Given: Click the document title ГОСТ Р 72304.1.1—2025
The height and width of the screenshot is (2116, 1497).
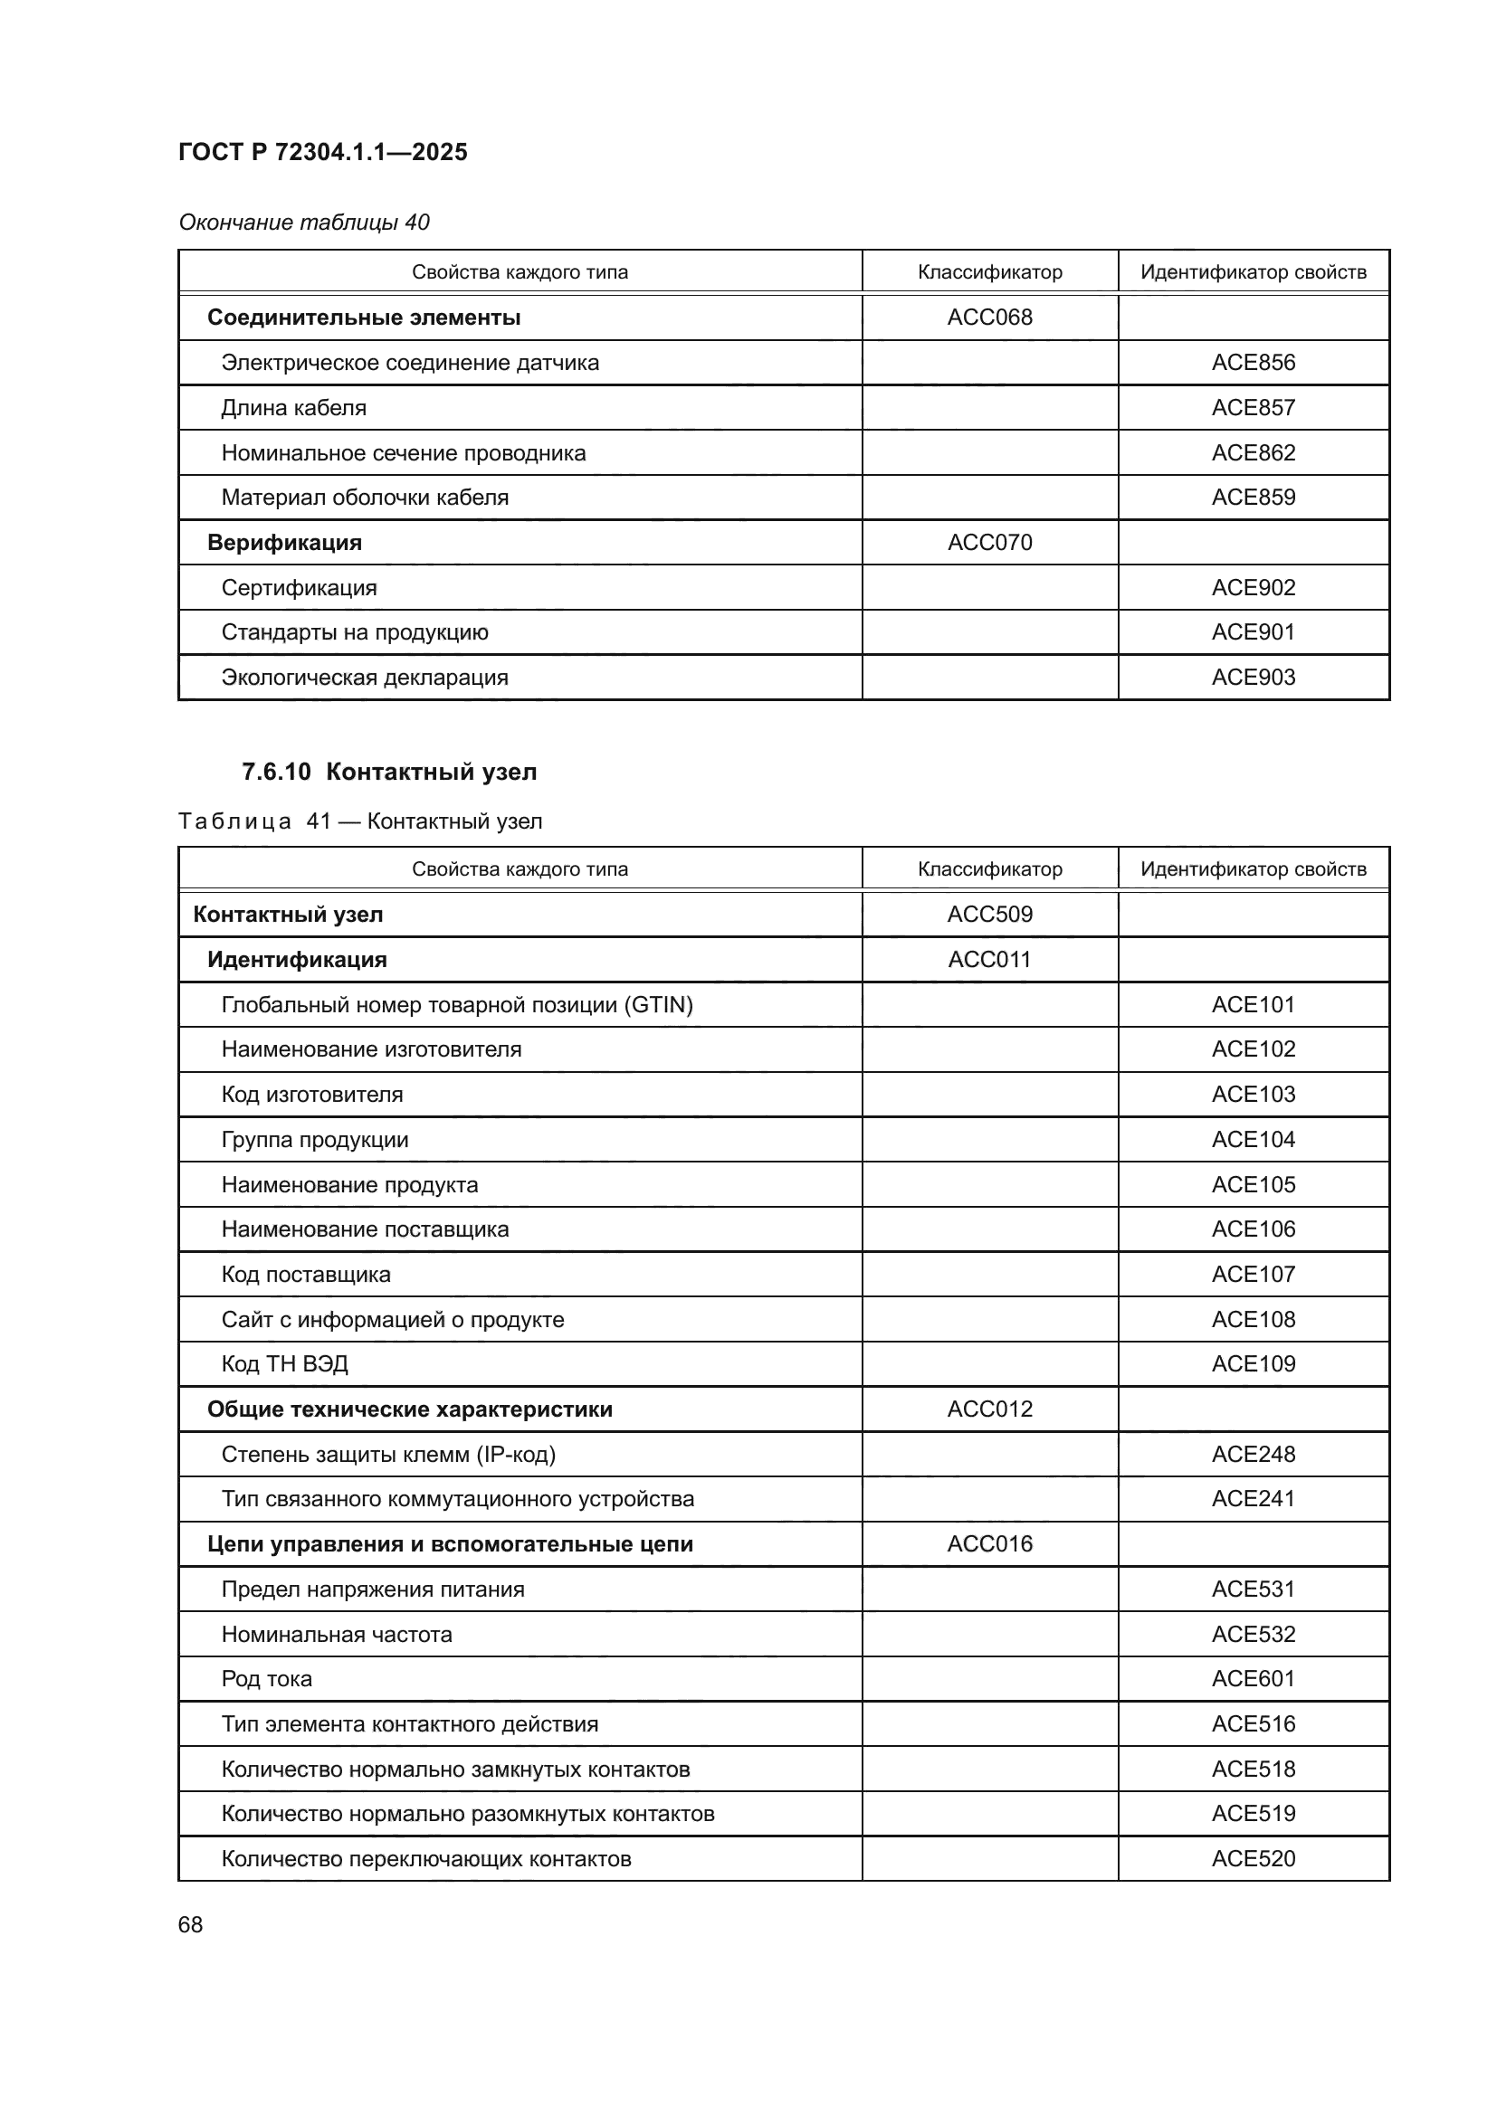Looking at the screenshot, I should [322, 152].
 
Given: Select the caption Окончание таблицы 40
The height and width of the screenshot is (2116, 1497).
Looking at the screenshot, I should [303, 223].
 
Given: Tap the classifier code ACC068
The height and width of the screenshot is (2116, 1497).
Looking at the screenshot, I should [989, 317].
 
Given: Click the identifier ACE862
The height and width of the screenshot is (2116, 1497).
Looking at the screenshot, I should [1253, 452].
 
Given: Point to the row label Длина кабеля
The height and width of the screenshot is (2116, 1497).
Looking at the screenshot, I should [293, 407].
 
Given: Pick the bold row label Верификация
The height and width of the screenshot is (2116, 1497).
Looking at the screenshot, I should [284, 542].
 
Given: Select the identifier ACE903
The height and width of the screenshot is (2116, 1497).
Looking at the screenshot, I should [1253, 678].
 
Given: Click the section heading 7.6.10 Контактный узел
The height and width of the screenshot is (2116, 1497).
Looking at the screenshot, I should [389, 772].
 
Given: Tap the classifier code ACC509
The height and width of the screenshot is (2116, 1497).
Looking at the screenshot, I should [989, 915].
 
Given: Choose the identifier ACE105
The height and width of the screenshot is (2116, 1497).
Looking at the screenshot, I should [1253, 1184].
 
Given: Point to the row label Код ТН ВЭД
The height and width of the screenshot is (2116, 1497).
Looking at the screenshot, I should [284, 1364].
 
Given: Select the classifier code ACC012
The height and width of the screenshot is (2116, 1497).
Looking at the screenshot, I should [989, 1409].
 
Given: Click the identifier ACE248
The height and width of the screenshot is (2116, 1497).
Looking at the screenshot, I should [1253, 1455].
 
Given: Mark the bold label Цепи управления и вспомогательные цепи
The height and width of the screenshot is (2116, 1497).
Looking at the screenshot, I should [450, 1543].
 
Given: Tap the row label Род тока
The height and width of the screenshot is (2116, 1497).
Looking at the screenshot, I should [266, 1679].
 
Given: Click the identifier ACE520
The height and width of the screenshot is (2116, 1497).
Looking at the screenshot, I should [1253, 1859].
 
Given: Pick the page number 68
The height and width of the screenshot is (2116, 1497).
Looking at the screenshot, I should [190, 1925].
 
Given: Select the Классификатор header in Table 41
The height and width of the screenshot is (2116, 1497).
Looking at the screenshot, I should [989, 869].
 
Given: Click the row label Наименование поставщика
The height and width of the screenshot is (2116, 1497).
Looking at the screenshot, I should [364, 1229].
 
